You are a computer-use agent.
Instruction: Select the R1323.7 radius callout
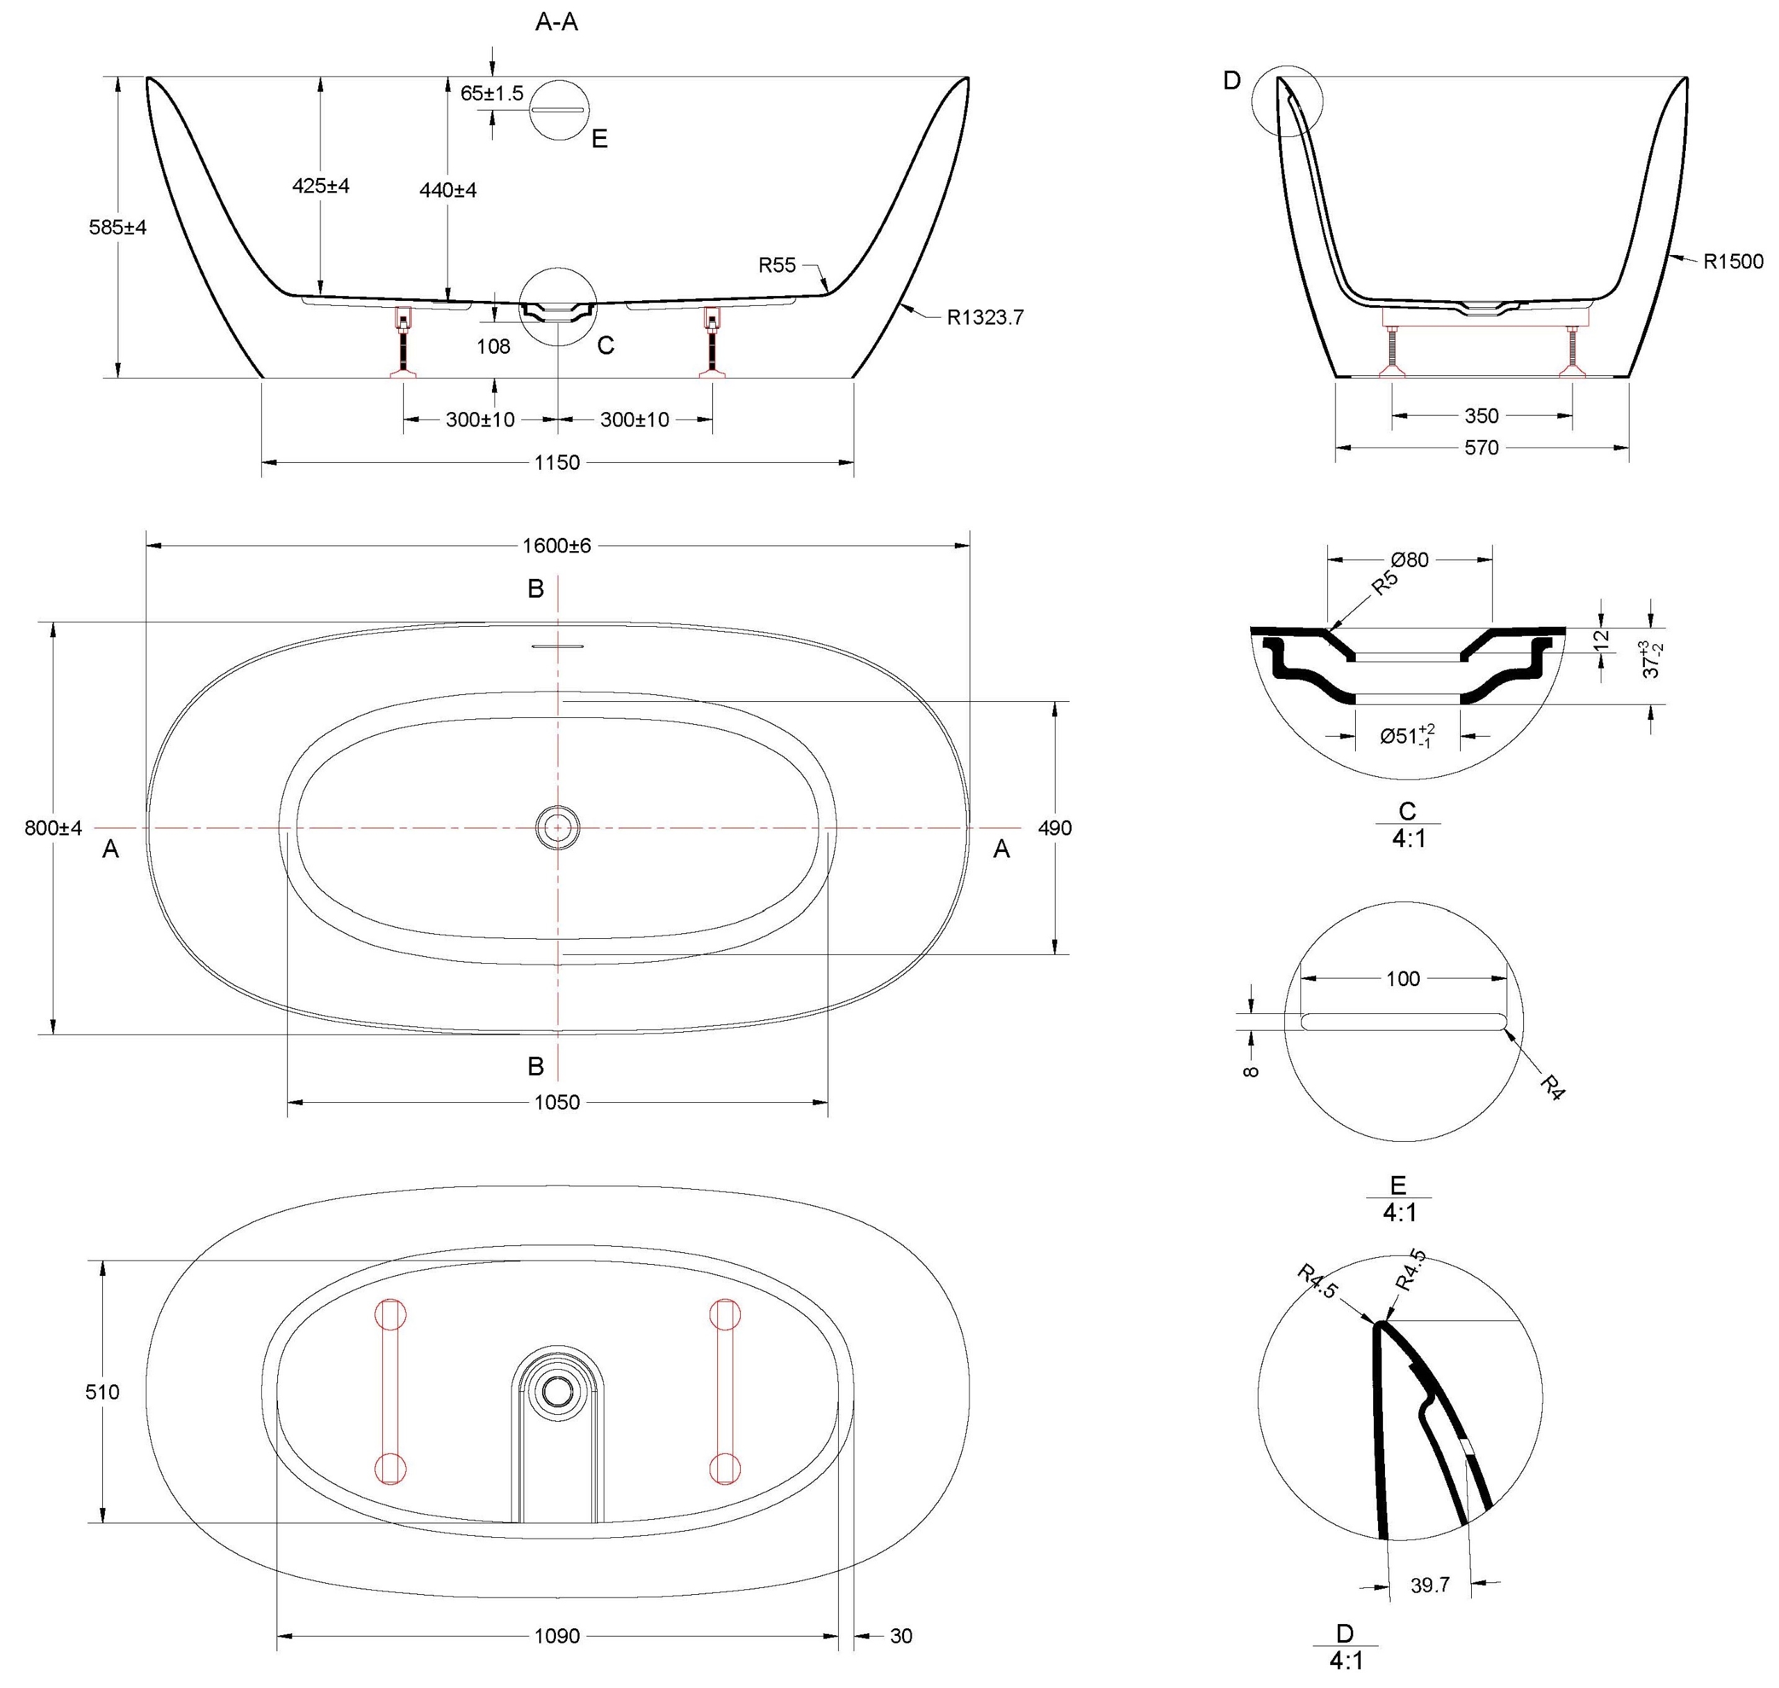[x=985, y=318]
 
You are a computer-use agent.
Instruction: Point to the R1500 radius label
[x=1733, y=262]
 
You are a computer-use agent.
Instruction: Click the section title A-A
[x=556, y=22]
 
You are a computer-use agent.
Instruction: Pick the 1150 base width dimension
[x=557, y=463]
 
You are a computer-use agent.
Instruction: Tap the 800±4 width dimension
[x=53, y=828]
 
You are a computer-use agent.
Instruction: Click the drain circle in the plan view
[x=557, y=826]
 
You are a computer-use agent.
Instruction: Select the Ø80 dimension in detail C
[x=1409, y=559]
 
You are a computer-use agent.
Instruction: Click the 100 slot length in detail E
[x=1402, y=978]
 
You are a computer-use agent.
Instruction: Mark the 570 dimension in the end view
[x=1481, y=448]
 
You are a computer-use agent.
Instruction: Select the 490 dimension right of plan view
[x=1055, y=828]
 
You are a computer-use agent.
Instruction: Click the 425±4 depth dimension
[x=320, y=186]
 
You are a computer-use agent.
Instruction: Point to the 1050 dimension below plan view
[x=557, y=1102]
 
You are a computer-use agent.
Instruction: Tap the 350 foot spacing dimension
[x=1481, y=416]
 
